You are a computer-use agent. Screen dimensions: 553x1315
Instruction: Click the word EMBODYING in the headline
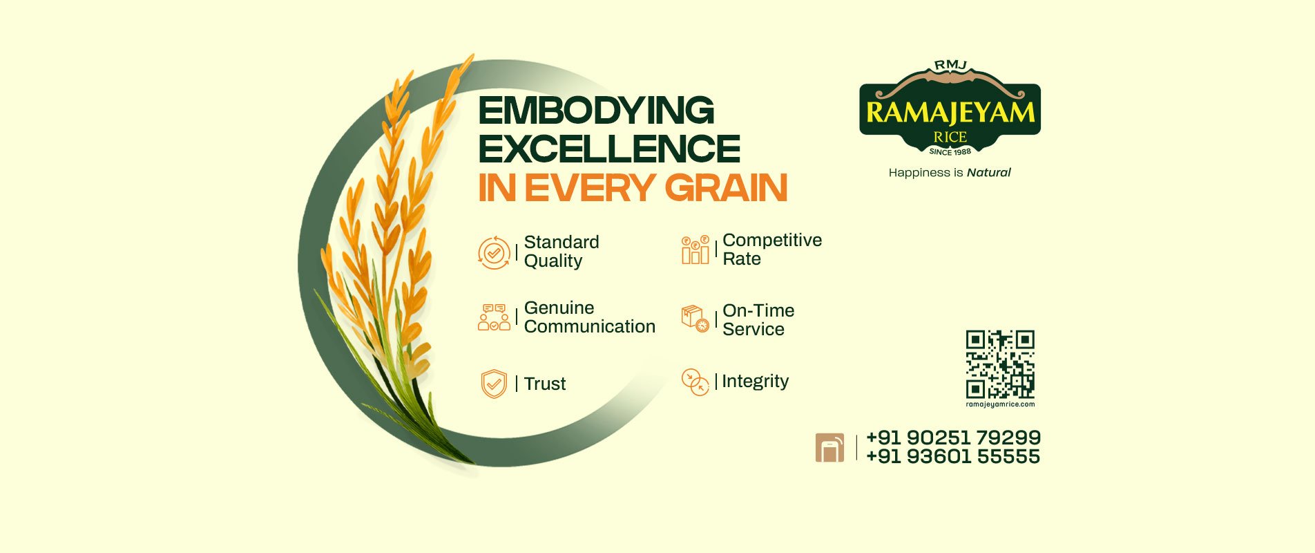pyautogui.click(x=596, y=111)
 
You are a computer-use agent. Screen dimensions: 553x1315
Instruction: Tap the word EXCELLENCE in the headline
pyautogui.click(x=609, y=149)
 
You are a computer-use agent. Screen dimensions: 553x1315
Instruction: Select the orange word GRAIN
pyautogui.click(x=726, y=188)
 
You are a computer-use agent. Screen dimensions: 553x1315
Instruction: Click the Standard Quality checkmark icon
pyautogui.click(x=494, y=253)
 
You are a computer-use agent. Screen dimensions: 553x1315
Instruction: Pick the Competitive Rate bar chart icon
pyautogui.click(x=695, y=250)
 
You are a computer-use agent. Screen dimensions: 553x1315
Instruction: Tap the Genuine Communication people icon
pyautogui.click(x=494, y=317)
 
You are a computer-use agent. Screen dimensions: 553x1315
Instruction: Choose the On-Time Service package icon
pyautogui.click(x=695, y=319)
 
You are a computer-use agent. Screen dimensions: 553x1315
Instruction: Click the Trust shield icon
pyautogui.click(x=494, y=384)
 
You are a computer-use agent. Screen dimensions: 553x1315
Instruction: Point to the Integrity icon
pyautogui.click(x=695, y=382)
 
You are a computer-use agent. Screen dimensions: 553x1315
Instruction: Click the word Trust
pyautogui.click(x=545, y=384)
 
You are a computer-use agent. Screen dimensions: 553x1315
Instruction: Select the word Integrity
pyautogui.click(x=755, y=382)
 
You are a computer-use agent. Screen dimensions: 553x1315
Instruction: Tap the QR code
pyautogui.click(x=1000, y=364)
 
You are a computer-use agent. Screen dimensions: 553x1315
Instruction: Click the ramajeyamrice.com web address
pyautogui.click(x=1000, y=404)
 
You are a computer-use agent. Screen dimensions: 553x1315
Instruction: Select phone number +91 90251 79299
pyautogui.click(x=953, y=438)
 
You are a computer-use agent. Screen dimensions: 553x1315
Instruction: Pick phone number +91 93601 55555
pyautogui.click(x=953, y=456)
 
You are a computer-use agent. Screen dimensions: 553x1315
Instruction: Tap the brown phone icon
pyautogui.click(x=829, y=447)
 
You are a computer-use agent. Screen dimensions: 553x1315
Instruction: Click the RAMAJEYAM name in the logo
pyautogui.click(x=950, y=113)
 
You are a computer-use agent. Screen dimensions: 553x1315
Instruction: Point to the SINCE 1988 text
pyautogui.click(x=950, y=151)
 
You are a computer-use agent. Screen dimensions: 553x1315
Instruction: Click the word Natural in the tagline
pyautogui.click(x=988, y=173)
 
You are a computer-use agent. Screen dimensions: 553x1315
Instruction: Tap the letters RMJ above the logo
pyautogui.click(x=950, y=65)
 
